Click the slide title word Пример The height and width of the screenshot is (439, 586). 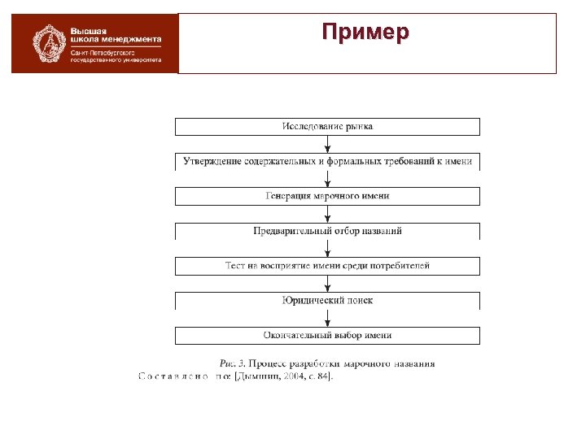365,33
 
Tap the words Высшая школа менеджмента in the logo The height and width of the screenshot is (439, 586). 114,34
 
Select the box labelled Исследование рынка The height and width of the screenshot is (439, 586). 327,127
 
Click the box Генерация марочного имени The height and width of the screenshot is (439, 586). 327,196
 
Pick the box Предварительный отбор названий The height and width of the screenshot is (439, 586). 327,231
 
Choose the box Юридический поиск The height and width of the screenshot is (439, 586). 327,300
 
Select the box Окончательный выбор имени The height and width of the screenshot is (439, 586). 327,335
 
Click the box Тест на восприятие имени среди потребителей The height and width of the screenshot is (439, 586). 327,266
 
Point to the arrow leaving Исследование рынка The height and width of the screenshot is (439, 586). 327,144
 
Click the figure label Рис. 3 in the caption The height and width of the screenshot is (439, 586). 233,363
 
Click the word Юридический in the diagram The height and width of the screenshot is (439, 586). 308,300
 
